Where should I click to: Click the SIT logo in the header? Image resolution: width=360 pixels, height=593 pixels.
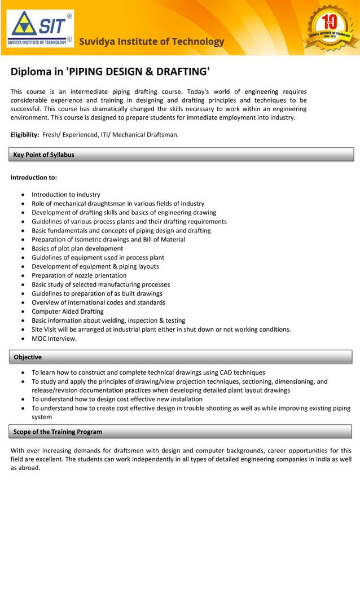click(x=39, y=29)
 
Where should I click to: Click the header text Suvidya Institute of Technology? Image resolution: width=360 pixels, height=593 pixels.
click(x=151, y=42)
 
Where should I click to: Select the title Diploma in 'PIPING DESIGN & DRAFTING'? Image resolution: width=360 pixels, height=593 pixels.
click(x=110, y=72)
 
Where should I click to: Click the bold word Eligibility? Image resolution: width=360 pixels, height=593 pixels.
click(x=25, y=134)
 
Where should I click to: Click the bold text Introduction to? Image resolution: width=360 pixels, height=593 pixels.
click(x=34, y=177)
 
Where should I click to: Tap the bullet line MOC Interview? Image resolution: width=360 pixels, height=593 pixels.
click(x=54, y=339)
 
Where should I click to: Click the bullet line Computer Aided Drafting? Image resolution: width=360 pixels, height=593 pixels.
click(x=68, y=311)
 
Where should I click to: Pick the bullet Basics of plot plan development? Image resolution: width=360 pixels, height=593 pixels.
click(x=77, y=248)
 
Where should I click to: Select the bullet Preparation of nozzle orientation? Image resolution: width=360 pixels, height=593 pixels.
click(x=79, y=275)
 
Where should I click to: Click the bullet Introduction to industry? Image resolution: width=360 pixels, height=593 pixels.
click(x=66, y=195)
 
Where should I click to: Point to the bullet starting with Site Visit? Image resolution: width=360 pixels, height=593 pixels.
click(x=161, y=330)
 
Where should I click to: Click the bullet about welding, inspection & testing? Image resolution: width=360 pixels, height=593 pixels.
click(x=108, y=320)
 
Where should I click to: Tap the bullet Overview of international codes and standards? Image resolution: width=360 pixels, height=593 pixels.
click(x=99, y=302)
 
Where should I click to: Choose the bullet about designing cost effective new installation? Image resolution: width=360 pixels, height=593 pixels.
click(x=117, y=399)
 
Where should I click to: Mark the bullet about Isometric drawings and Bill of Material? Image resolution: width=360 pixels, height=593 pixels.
click(x=108, y=239)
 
